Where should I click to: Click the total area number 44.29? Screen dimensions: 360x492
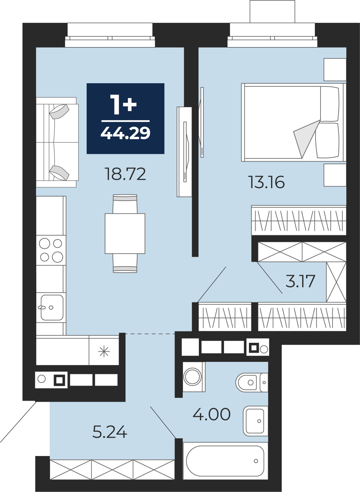[126, 133]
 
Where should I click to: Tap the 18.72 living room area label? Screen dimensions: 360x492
[126, 174]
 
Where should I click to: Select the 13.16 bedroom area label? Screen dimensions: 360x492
[266, 182]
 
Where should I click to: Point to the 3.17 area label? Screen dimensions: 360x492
[300, 281]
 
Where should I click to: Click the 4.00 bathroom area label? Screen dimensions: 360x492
[212, 414]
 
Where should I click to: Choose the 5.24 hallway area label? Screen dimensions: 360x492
[110, 432]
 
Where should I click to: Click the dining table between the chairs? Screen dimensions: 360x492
[125, 233]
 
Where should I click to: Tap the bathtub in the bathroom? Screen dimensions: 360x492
[225, 461]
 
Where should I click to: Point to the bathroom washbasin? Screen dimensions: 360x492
[255, 421]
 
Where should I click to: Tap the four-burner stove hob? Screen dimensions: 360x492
[51, 250]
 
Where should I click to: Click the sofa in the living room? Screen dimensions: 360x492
[57, 142]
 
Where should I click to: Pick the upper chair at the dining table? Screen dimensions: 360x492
[125, 204]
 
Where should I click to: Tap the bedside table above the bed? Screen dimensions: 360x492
[335, 69]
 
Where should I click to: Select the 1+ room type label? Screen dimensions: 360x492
[123, 105]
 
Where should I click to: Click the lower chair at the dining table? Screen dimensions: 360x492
[125, 263]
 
